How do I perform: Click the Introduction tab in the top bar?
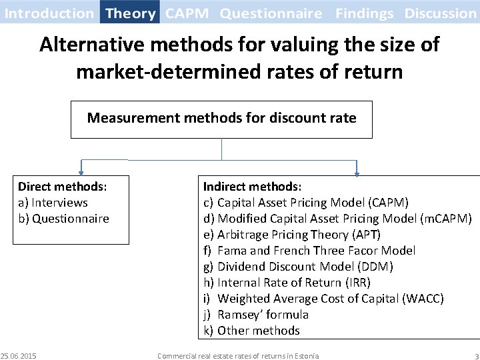click(49, 13)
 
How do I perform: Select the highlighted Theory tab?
click(131, 13)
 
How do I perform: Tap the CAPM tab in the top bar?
click(187, 13)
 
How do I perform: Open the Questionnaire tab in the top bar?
click(271, 13)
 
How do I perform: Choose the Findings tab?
click(365, 13)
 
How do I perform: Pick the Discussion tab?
click(440, 13)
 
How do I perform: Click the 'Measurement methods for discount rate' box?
click(221, 119)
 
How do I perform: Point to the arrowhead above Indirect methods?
click(357, 173)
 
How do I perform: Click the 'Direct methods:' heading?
click(63, 187)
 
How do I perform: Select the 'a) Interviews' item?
click(53, 203)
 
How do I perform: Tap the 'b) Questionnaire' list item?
click(63, 219)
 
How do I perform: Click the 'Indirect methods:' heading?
click(252, 187)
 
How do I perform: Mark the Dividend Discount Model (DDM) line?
click(298, 267)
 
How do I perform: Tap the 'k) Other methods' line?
click(251, 331)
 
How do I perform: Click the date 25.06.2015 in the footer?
click(19, 355)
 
